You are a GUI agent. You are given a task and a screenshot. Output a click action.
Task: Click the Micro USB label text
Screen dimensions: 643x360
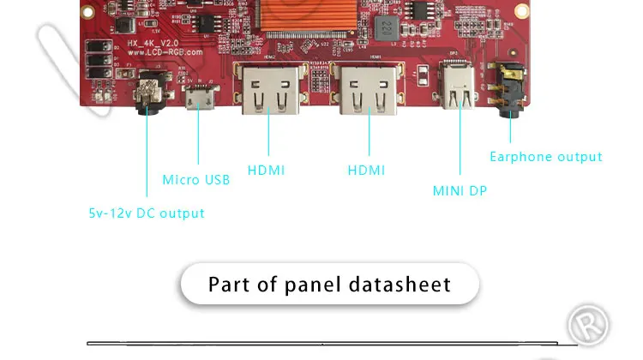click(196, 180)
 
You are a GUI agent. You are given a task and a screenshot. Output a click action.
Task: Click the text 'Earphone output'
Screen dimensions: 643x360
click(546, 157)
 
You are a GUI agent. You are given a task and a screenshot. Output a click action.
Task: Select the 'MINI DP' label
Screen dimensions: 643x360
click(460, 191)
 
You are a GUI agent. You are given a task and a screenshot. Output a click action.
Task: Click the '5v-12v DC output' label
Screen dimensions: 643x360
click(147, 213)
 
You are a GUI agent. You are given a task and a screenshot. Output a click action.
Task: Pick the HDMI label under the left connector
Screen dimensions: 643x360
click(267, 171)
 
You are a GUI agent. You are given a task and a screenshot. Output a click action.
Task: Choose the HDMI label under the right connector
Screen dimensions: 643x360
click(367, 171)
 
